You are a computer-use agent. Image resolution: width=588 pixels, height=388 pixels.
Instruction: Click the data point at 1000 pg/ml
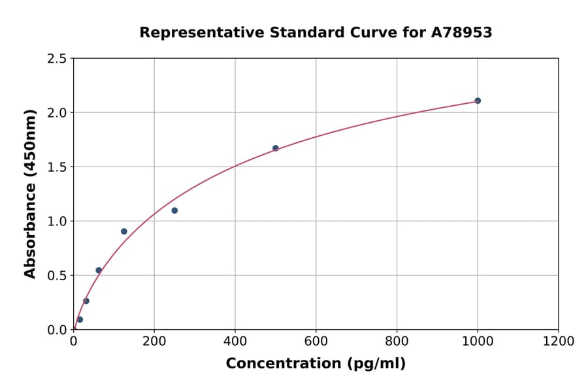pyautogui.click(x=478, y=101)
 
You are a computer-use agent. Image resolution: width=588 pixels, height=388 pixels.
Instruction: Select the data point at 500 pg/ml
pyautogui.click(x=276, y=148)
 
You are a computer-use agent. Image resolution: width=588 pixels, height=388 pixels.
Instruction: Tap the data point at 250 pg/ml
pyautogui.click(x=174, y=210)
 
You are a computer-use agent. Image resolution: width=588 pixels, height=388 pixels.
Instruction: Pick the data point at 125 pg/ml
pyautogui.click(x=124, y=231)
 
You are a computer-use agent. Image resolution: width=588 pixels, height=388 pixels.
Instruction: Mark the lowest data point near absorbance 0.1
pyautogui.click(x=80, y=319)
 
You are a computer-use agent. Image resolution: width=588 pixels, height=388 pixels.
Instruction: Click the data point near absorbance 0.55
pyautogui.click(x=99, y=270)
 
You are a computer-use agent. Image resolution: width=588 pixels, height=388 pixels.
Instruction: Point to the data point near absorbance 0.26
pyautogui.click(x=86, y=301)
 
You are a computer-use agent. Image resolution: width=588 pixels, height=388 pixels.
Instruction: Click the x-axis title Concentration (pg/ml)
pyautogui.click(x=316, y=364)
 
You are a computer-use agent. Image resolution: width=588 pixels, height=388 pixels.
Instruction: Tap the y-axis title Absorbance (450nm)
pyautogui.click(x=30, y=193)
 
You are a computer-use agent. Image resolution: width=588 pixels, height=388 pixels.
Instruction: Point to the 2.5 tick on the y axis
pyautogui.click(x=57, y=59)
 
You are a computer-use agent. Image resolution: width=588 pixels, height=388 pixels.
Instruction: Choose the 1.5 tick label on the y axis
pyautogui.click(x=57, y=167)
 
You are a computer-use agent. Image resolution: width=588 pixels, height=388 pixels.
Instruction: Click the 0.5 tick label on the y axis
pyautogui.click(x=57, y=276)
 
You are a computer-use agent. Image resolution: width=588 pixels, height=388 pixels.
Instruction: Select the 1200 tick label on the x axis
pyautogui.click(x=559, y=341)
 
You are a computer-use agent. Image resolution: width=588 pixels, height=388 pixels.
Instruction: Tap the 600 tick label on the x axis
pyautogui.click(x=316, y=341)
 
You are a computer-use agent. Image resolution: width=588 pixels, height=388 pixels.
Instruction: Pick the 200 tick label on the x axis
pyautogui.click(x=154, y=341)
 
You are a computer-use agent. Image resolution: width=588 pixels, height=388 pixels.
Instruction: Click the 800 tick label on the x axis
pyautogui.click(x=397, y=341)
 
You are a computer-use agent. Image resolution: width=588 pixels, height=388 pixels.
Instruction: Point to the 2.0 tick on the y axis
pyautogui.click(x=57, y=113)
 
